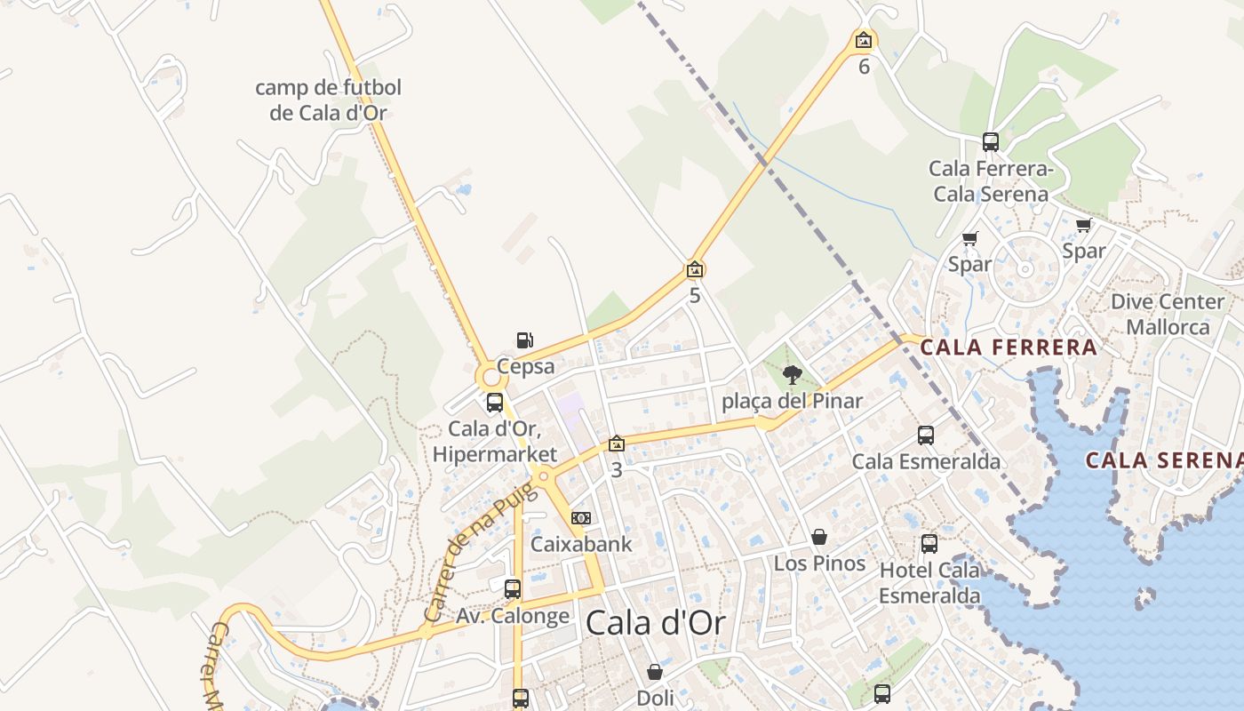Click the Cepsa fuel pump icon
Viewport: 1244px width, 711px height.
coord(524,340)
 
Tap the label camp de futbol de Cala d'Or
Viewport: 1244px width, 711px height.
coord(328,100)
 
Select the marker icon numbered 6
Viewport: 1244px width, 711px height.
coord(863,40)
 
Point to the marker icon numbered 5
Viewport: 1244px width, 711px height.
coord(695,268)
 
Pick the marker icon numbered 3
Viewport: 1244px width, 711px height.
coord(617,443)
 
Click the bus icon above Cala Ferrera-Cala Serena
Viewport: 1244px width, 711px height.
coord(991,141)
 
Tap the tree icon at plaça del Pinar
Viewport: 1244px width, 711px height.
coord(792,375)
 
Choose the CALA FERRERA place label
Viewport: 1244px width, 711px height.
coord(1009,348)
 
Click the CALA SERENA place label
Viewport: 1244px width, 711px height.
coord(1164,460)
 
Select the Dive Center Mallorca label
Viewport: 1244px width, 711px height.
coord(1168,314)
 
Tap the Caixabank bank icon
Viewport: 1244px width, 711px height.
coord(581,518)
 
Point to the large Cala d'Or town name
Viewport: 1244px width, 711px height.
coord(655,623)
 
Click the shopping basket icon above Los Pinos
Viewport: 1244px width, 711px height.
coord(819,537)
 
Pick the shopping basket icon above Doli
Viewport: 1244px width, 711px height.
coord(655,672)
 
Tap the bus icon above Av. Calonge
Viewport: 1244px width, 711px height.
coord(513,588)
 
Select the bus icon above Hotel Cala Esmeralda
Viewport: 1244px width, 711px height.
coord(929,543)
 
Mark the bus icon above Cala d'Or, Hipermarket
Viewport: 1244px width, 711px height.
coord(495,402)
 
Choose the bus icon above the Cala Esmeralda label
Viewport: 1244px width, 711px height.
coord(926,435)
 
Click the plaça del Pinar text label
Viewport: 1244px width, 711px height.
coord(792,401)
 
